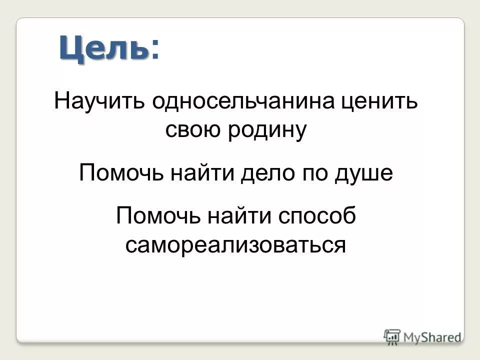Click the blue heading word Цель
pyautogui.click(x=104, y=48)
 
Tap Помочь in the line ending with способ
pyautogui.click(x=158, y=216)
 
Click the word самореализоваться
pyautogui.click(x=235, y=245)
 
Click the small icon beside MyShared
pyautogui.click(x=392, y=335)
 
